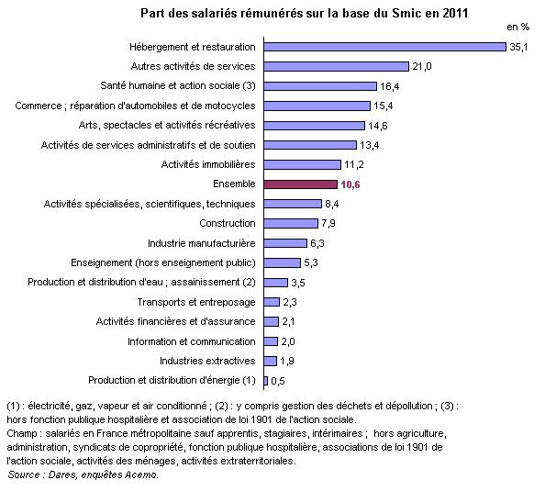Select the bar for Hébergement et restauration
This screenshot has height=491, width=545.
point(384,46)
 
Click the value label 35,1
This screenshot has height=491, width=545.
point(518,47)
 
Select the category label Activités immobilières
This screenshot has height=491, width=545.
point(210,164)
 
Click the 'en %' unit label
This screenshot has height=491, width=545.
point(519,28)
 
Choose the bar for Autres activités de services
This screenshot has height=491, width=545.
point(336,66)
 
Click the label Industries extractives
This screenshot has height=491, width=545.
point(208,361)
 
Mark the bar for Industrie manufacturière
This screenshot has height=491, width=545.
point(284,243)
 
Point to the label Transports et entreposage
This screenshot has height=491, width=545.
point(197,302)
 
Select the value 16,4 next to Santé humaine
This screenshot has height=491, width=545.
point(390,86)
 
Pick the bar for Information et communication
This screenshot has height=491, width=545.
point(270,341)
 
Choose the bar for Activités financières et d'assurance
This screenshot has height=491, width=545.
point(271,321)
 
